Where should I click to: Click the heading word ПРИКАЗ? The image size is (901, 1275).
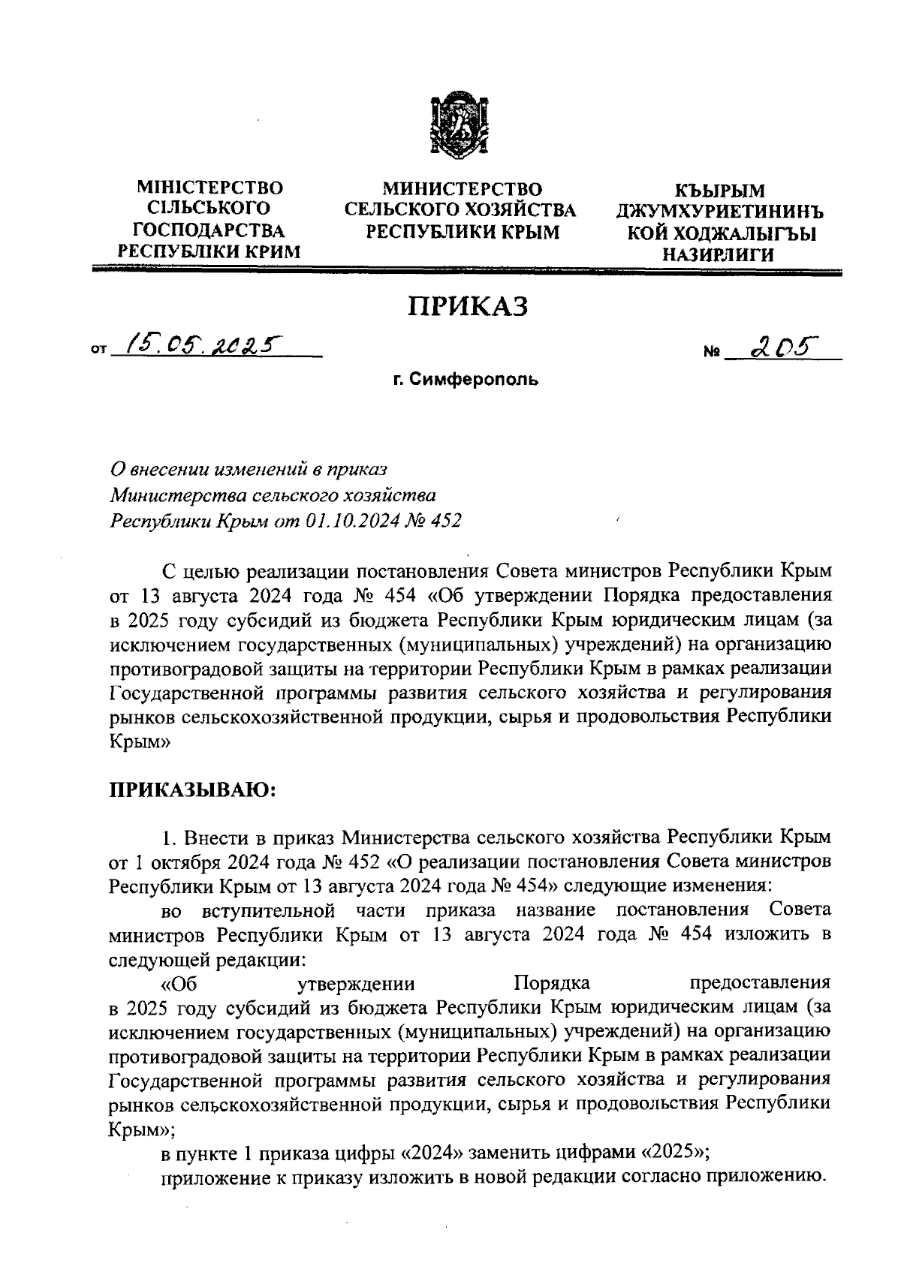468,305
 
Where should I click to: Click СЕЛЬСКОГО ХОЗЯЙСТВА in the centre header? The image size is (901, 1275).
460,209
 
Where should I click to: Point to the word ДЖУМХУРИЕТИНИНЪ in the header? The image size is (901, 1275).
719,213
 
